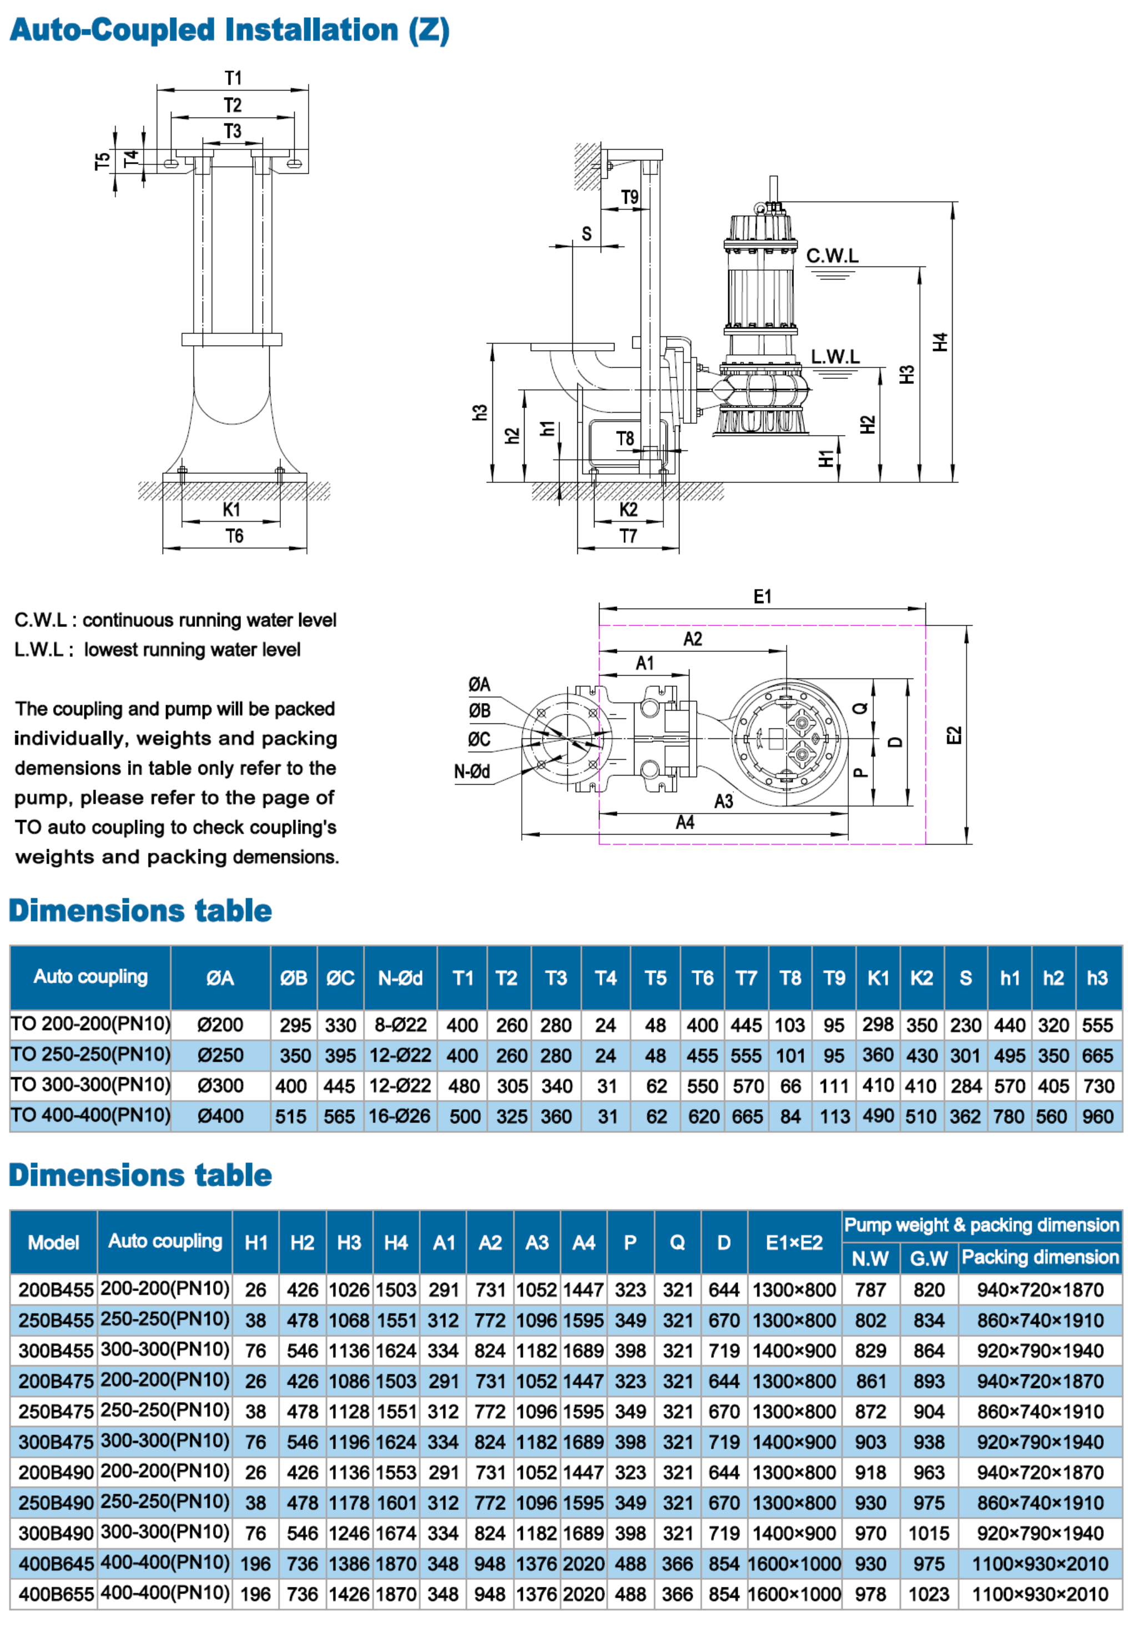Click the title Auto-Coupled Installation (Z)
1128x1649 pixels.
tap(229, 31)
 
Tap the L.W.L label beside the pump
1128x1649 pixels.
tap(834, 356)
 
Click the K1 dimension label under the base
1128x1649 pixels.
tap(231, 509)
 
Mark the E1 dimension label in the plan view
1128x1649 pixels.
tap(762, 596)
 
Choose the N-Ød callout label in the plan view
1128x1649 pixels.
tap(472, 771)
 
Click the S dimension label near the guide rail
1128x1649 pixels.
tap(586, 234)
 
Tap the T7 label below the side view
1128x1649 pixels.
tap(627, 537)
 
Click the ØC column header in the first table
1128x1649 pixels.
tap(340, 979)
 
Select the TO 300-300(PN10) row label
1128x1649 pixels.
tap(90, 1085)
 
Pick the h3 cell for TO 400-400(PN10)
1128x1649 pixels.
tap(1097, 1116)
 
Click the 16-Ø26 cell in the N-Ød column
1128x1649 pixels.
tap(399, 1116)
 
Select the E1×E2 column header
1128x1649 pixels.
tap(794, 1242)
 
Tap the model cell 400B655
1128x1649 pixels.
tap(56, 1595)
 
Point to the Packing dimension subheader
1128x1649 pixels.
tap(1039, 1257)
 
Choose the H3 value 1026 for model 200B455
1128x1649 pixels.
tap(349, 1290)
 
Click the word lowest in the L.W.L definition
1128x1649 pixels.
tap(109, 650)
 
